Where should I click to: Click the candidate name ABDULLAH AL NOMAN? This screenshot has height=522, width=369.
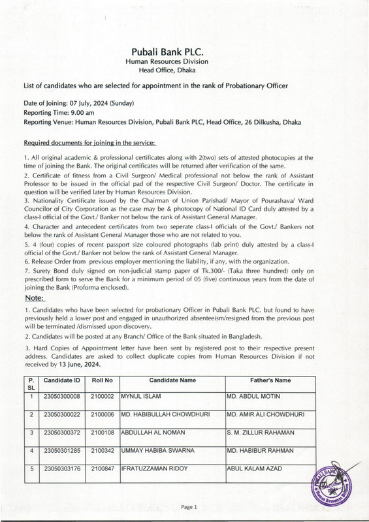[x=153, y=432]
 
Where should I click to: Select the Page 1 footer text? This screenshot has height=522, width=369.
[x=189, y=506]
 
